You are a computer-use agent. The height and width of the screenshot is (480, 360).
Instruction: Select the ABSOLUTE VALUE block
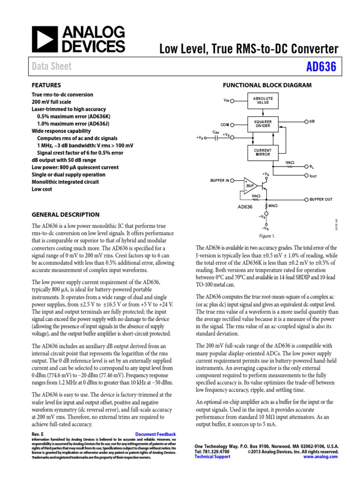(262, 100)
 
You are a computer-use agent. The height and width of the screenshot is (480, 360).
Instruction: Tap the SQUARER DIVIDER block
(262, 124)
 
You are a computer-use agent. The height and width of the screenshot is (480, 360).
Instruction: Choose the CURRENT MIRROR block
(262, 152)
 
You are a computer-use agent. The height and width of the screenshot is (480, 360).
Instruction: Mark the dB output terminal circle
(306, 121)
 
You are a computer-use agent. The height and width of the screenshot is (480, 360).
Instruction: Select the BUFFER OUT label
(321, 199)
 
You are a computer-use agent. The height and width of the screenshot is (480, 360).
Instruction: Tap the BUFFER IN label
(220, 180)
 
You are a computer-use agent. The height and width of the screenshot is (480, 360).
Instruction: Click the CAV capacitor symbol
(216, 138)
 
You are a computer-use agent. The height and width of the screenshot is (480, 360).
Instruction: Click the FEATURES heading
(46, 85)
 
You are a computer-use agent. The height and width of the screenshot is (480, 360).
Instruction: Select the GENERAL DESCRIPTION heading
(65, 215)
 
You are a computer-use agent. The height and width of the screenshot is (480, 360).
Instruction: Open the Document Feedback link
(155, 435)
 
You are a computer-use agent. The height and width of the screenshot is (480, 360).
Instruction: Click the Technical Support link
(210, 456)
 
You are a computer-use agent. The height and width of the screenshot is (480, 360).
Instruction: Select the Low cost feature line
(42, 189)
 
